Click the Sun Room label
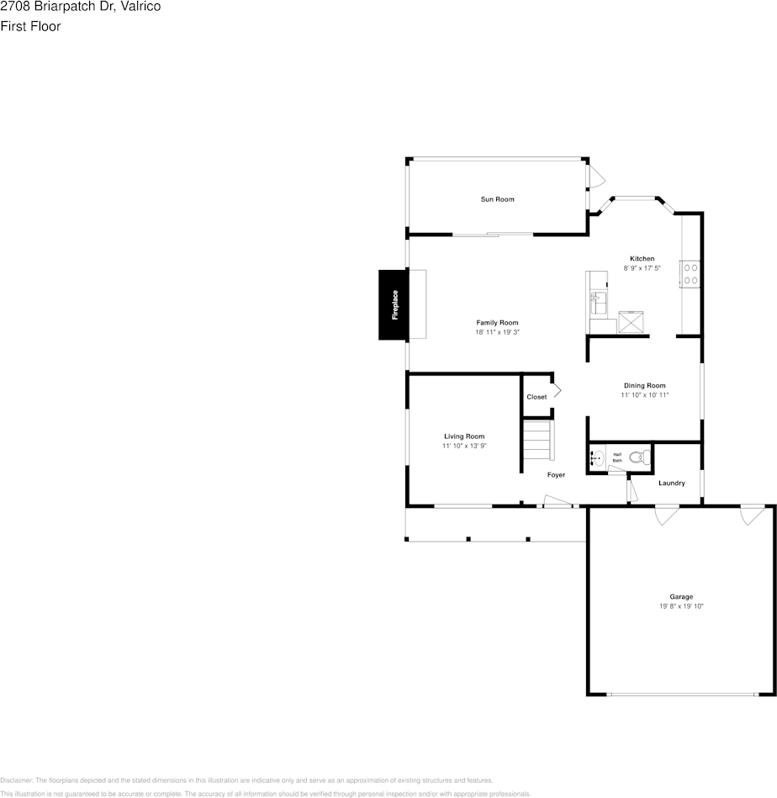pos(497,199)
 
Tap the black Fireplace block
pos(394,304)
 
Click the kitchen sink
pos(599,299)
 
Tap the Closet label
pos(536,397)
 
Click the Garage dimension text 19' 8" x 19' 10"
pos(681,605)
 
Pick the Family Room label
pos(497,323)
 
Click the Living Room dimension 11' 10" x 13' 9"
pos(464,446)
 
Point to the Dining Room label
pos(644,386)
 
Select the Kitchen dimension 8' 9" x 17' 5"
pos(642,268)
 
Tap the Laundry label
pos(671,484)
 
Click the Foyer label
pos(556,475)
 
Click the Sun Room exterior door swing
pos(595,177)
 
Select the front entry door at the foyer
pos(558,502)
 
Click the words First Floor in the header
pos(30,26)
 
